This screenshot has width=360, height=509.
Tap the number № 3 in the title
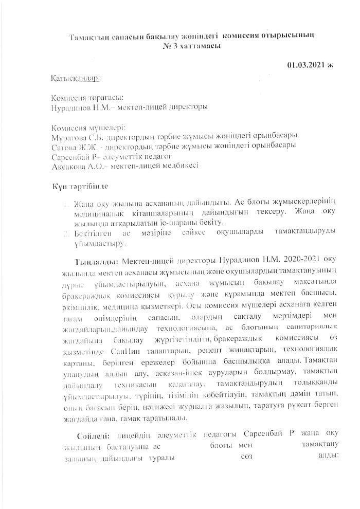tap(169, 46)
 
